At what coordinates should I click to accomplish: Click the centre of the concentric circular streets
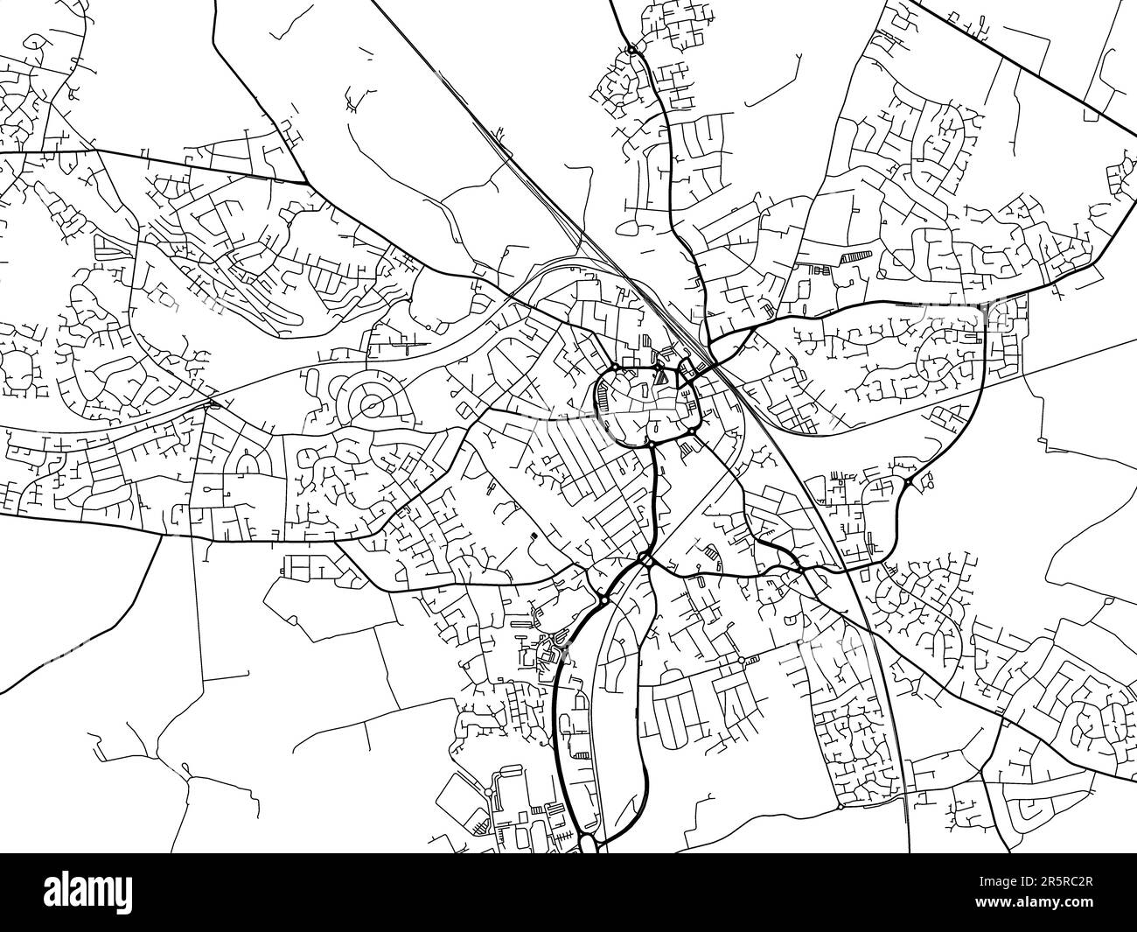[371, 405]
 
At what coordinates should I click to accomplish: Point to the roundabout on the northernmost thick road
[631, 50]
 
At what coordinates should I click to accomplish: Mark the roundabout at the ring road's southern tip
[652, 444]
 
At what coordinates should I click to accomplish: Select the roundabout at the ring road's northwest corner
[615, 367]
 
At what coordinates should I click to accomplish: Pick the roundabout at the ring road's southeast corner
[691, 431]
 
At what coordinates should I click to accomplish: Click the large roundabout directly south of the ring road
[645, 559]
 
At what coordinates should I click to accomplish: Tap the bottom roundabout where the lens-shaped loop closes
[588, 842]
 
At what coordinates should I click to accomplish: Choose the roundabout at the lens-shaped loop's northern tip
[604, 600]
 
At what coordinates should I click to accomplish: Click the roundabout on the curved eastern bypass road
[908, 482]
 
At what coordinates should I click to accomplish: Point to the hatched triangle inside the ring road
[661, 378]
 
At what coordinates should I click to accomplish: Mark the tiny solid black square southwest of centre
[533, 536]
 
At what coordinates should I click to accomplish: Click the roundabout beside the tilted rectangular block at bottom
[742, 659]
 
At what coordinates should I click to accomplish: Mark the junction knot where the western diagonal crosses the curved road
[213, 403]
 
